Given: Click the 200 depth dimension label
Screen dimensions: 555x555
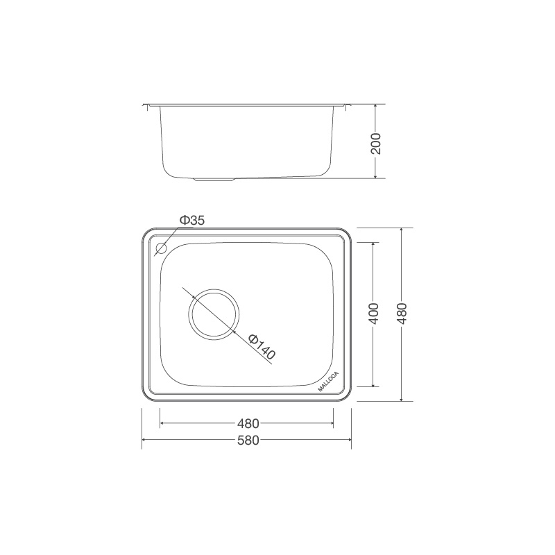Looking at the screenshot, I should (x=376, y=142).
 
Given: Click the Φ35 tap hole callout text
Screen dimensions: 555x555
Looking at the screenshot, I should (x=192, y=221).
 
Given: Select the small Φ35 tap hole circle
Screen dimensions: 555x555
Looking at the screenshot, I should (x=162, y=248).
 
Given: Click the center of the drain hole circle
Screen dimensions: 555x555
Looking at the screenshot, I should (x=213, y=314).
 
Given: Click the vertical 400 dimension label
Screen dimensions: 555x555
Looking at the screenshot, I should (x=374, y=314).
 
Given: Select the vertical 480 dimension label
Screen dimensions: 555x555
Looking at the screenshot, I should (x=402, y=314).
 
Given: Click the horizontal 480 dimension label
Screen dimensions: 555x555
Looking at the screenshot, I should (x=248, y=422).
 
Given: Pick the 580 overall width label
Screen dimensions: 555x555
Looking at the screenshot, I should (x=248, y=441).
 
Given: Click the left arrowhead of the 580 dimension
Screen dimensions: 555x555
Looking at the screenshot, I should (x=144, y=441).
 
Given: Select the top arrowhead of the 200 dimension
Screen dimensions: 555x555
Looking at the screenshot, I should (x=375, y=108).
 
